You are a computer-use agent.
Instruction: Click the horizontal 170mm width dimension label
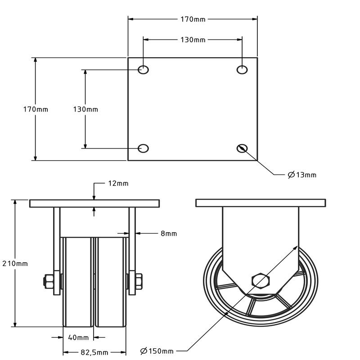(x=193, y=19)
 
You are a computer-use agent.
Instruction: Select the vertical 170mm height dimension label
(x=36, y=109)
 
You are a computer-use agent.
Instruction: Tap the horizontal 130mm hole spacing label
(x=193, y=40)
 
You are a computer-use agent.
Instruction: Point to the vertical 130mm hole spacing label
(x=85, y=109)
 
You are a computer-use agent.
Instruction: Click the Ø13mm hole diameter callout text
(x=302, y=175)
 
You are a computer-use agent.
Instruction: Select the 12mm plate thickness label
(x=118, y=183)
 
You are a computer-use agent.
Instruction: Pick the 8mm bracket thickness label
(x=169, y=233)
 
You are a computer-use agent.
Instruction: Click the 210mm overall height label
(x=15, y=263)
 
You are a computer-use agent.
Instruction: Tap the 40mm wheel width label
(x=78, y=337)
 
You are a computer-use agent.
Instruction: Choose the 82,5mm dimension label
(x=94, y=352)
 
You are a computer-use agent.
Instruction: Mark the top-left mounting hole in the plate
(x=144, y=69)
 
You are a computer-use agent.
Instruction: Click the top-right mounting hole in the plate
(x=242, y=69)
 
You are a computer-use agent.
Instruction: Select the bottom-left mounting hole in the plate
(x=144, y=148)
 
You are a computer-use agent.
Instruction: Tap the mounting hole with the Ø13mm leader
(x=242, y=148)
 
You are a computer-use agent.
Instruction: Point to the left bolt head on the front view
(x=48, y=282)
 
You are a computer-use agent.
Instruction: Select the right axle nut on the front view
(x=138, y=282)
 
